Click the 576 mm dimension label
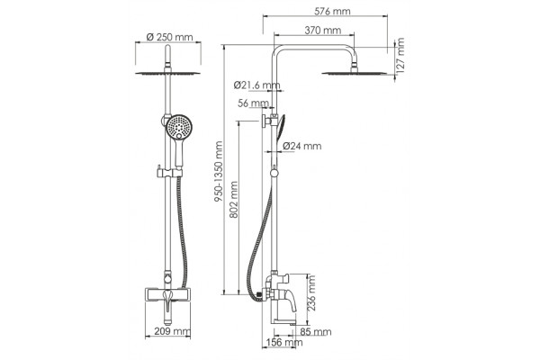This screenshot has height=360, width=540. (x=332, y=12)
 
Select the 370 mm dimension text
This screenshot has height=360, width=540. (x=323, y=31)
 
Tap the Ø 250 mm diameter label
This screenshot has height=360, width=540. (x=169, y=37)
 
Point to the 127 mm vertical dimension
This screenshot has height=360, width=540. (x=400, y=55)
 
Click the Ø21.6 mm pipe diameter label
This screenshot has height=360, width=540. (x=256, y=85)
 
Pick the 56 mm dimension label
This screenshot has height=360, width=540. (x=253, y=103)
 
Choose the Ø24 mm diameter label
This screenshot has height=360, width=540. (x=302, y=146)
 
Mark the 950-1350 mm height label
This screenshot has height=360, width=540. (x=219, y=172)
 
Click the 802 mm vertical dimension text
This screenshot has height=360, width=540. (x=233, y=200)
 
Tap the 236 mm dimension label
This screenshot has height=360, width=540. (x=311, y=292)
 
